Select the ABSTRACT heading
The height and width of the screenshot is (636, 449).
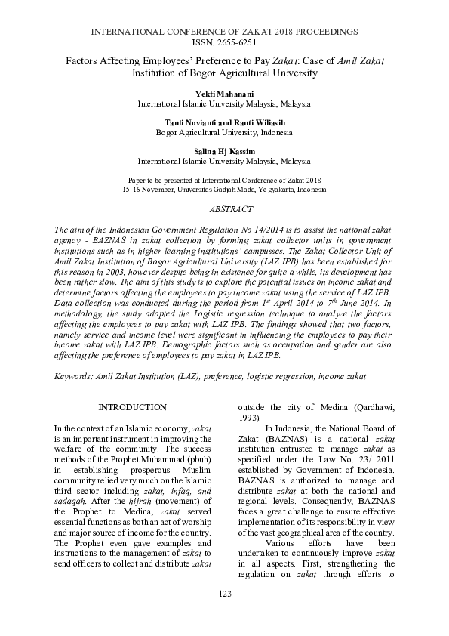[x=224, y=208]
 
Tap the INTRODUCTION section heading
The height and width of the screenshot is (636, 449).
[x=133, y=407]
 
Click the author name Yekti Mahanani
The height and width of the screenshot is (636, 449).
[x=224, y=93]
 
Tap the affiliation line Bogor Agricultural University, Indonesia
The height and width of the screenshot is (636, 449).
[x=224, y=131]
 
